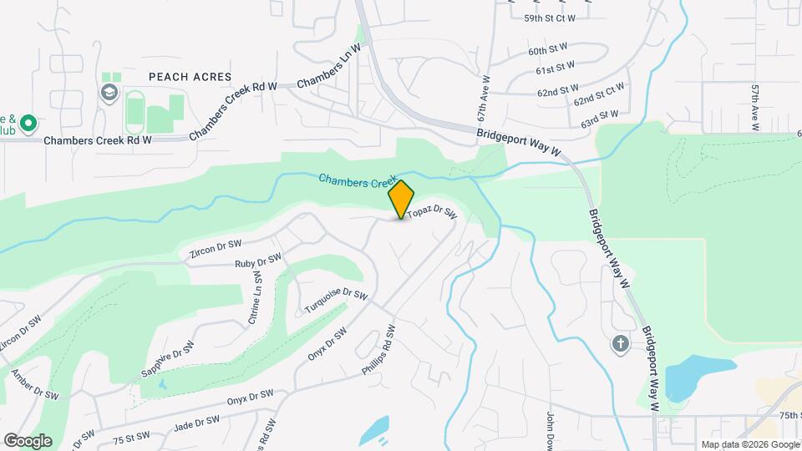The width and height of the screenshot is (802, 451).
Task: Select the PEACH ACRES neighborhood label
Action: pos(190,76)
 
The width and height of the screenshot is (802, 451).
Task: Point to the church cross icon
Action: pos(620,343)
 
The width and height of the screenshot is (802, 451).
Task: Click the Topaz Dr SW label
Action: pos(432,215)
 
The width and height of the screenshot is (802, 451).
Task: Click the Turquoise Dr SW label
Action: pos(336,301)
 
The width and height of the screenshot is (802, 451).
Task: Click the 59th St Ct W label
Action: pos(550,18)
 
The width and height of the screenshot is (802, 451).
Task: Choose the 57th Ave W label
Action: pos(754,108)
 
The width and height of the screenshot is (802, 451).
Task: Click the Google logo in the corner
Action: pos(27,440)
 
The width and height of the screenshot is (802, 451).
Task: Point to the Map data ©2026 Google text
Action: pos(749,444)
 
